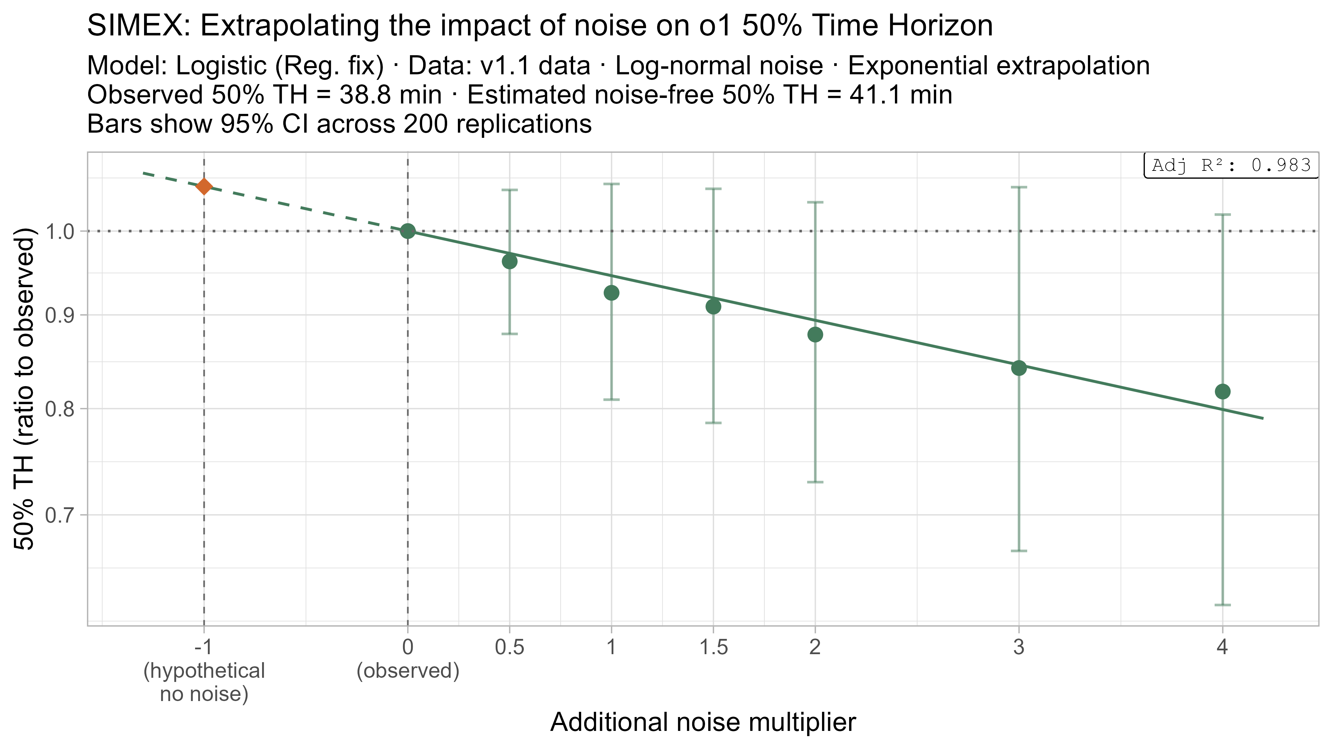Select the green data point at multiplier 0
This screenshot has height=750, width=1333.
tap(408, 231)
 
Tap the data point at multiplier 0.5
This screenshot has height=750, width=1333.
tap(510, 261)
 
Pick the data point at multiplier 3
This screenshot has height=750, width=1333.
tap(1019, 368)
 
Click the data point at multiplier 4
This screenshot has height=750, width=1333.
tap(1222, 391)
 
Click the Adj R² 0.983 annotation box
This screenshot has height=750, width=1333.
tap(1231, 165)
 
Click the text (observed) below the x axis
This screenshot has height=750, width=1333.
tap(408, 671)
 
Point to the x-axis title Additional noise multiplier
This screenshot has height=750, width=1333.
tap(703, 722)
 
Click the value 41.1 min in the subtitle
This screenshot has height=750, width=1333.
tap(900, 95)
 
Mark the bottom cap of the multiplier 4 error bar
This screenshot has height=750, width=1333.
tap(1222, 605)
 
